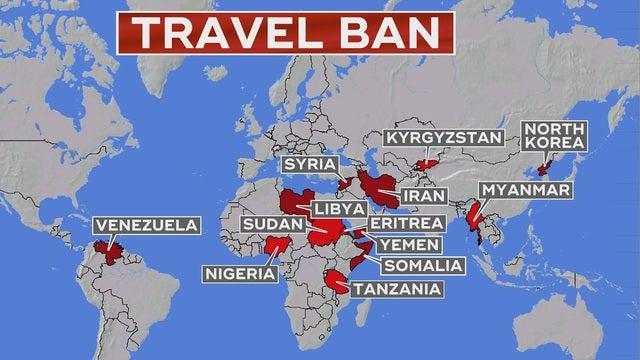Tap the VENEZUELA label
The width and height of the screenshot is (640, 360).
(142, 225)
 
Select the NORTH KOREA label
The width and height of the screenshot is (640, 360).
(553, 135)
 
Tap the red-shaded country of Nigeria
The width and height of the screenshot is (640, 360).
(276, 244)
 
